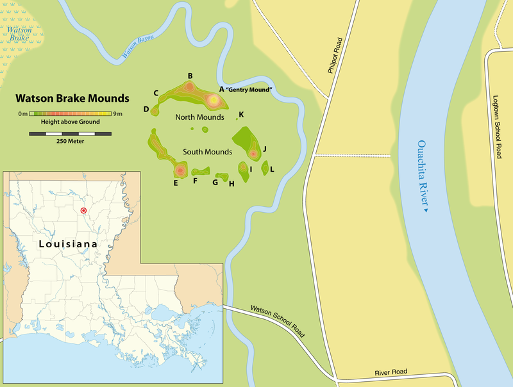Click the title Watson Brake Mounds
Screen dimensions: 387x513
pyautogui.click(x=72, y=99)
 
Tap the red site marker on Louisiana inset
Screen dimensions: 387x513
pyautogui.click(x=83, y=210)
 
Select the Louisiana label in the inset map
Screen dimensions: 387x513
pyautogui.click(x=67, y=244)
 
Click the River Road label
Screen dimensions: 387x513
pyautogui.click(x=392, y=373)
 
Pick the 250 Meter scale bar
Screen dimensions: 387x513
pyautogui.click(x=70, y=134)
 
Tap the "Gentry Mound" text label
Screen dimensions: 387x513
pyautogui.click(x=251, y=90)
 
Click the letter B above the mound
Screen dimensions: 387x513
pyautogui.click(x=190, y=76)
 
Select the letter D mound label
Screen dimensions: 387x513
pyautogui.click(x=146, y=110)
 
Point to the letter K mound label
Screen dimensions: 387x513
pyautogui.click(x=241, y=115)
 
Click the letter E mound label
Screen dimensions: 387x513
pyautogui.click(x=175, y=183)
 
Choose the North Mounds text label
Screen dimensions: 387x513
pyautogui.click(x=199, y=118)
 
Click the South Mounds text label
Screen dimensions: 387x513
pyautogui.click(x=207, y=152)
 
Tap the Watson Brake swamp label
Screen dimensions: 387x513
pyautogui.click(x=21, y=33)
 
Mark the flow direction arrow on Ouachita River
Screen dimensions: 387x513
pyautogui.click(x=425, y=209)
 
